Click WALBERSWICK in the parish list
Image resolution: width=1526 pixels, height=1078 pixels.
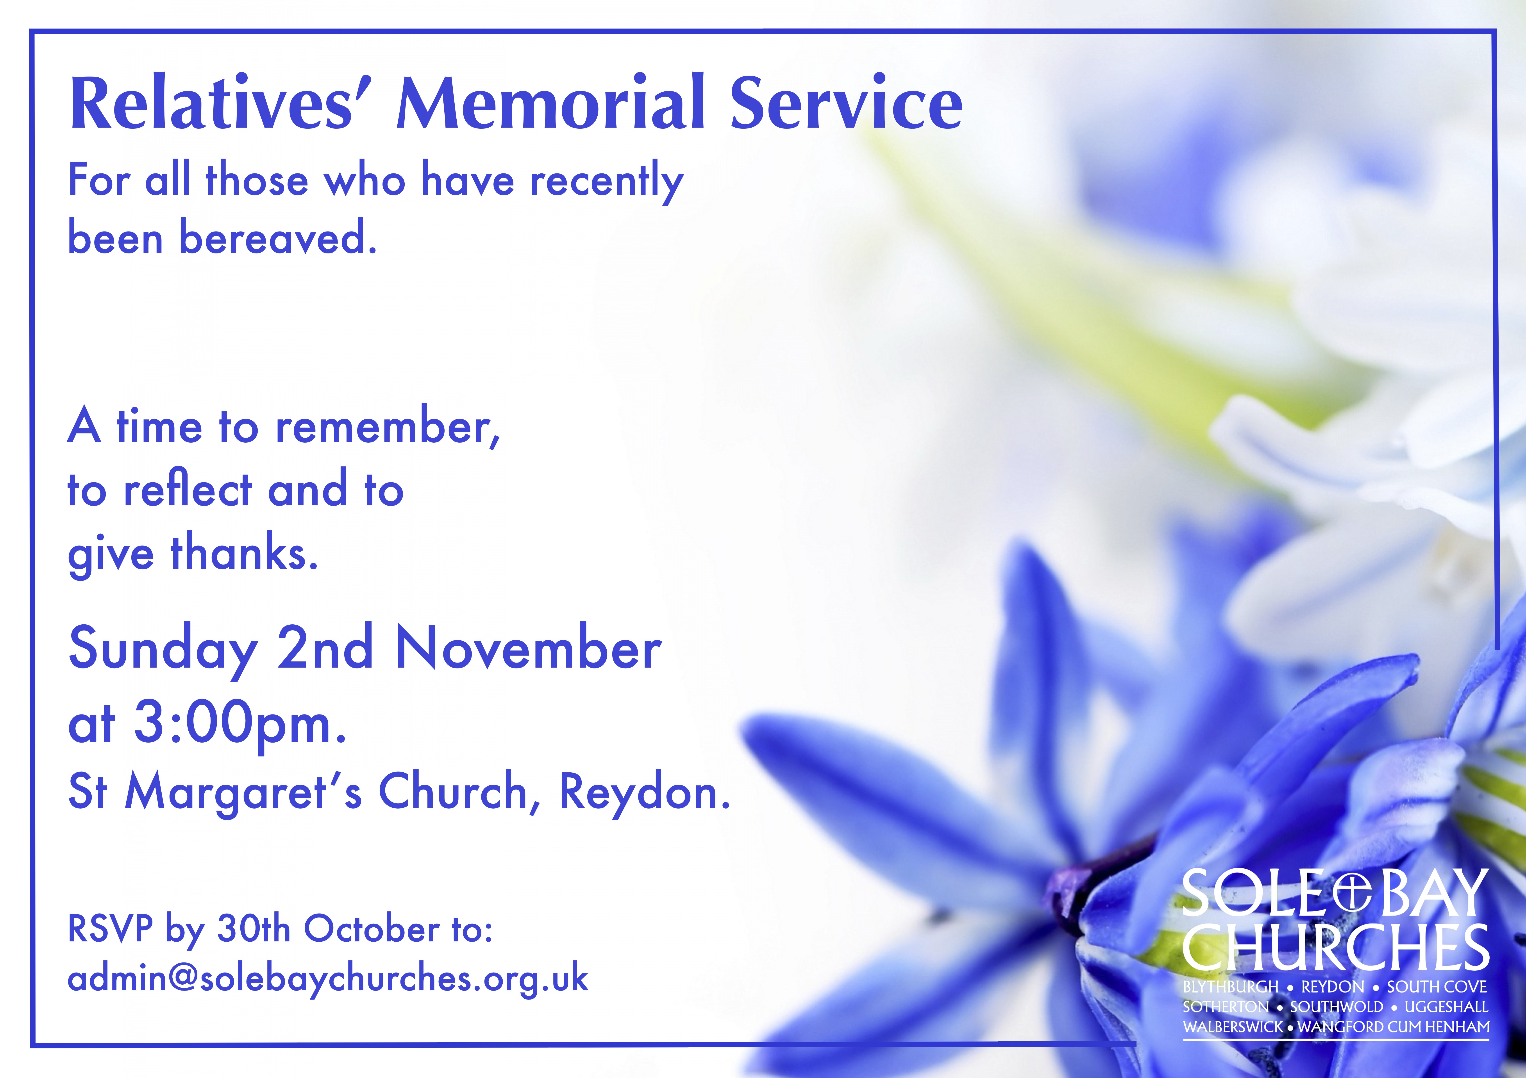[x=1233, y=1027]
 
